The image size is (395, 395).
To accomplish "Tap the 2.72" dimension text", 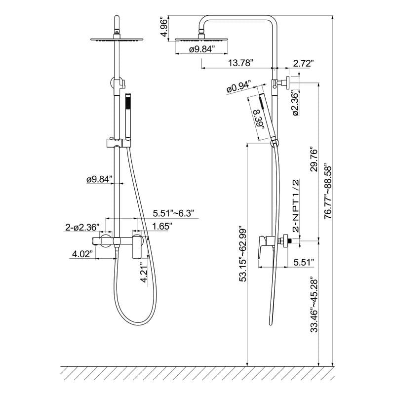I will (x=303, y=63).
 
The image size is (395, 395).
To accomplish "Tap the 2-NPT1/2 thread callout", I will (x=297, y=206).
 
